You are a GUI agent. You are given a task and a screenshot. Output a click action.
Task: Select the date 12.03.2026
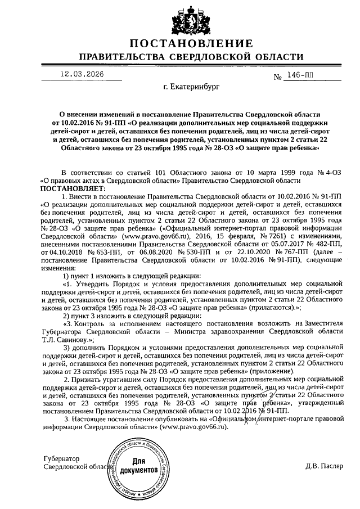pyautogui.click(x=83, y=74)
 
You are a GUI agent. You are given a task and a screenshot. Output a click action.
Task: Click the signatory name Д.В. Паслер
pyautogui.click(x=324, y=466)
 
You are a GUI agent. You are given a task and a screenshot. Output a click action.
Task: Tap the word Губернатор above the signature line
pyautogui.click(x=61, y=458)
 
